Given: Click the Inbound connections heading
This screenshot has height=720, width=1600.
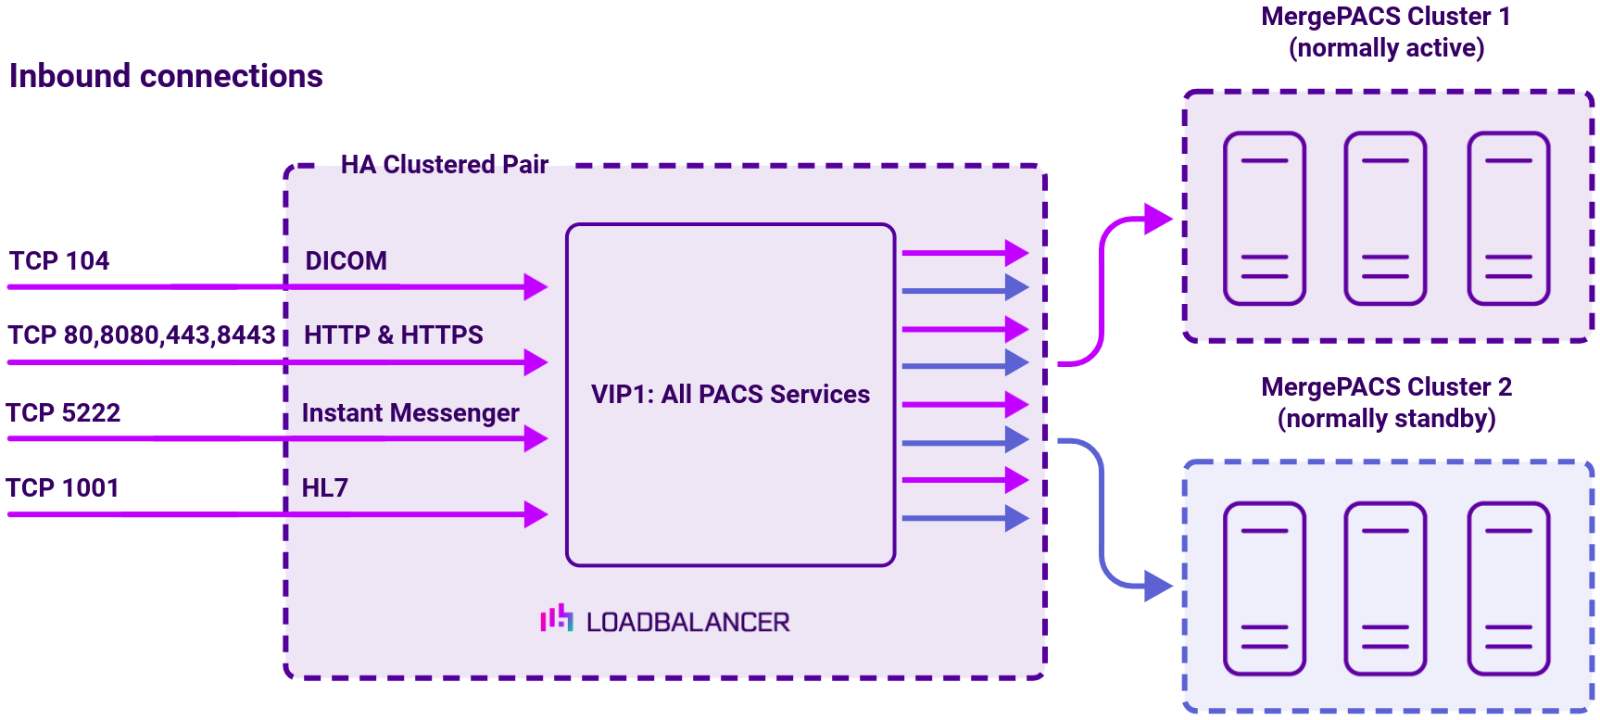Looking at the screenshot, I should click(166, 76).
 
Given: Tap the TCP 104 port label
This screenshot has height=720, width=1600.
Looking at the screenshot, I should click(59, 261).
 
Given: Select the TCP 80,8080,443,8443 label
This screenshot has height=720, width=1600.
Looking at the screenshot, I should click(142, 335).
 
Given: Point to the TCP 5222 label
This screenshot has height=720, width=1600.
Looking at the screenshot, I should click(63, 413).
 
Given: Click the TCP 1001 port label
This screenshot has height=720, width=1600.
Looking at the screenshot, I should click(62, 488).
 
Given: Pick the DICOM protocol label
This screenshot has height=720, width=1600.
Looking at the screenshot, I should click(346, 261).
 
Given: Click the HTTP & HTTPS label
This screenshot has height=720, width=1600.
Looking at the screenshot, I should click(393, 335).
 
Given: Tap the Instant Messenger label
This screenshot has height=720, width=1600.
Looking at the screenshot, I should click(409, 413).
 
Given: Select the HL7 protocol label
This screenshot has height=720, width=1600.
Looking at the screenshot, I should click(324, 488).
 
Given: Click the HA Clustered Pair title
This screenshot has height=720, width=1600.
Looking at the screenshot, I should click(444, 165).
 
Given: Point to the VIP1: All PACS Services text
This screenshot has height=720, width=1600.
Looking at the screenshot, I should click(730, 395).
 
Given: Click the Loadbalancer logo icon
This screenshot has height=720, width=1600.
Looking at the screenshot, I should click(557, 618).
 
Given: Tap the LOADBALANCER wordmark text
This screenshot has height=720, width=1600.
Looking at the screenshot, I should click(687, 623).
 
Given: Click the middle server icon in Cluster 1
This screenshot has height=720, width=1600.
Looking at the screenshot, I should click(1385, 219).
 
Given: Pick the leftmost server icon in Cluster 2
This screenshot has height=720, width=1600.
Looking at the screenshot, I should click(1264, 589).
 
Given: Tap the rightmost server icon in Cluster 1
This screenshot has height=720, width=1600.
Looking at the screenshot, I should click(1508, 219).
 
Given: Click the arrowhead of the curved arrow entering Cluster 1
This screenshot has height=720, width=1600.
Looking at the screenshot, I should click(1158, 220).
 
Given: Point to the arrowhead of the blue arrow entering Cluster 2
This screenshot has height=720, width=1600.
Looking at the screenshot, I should click(1158, 586).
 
